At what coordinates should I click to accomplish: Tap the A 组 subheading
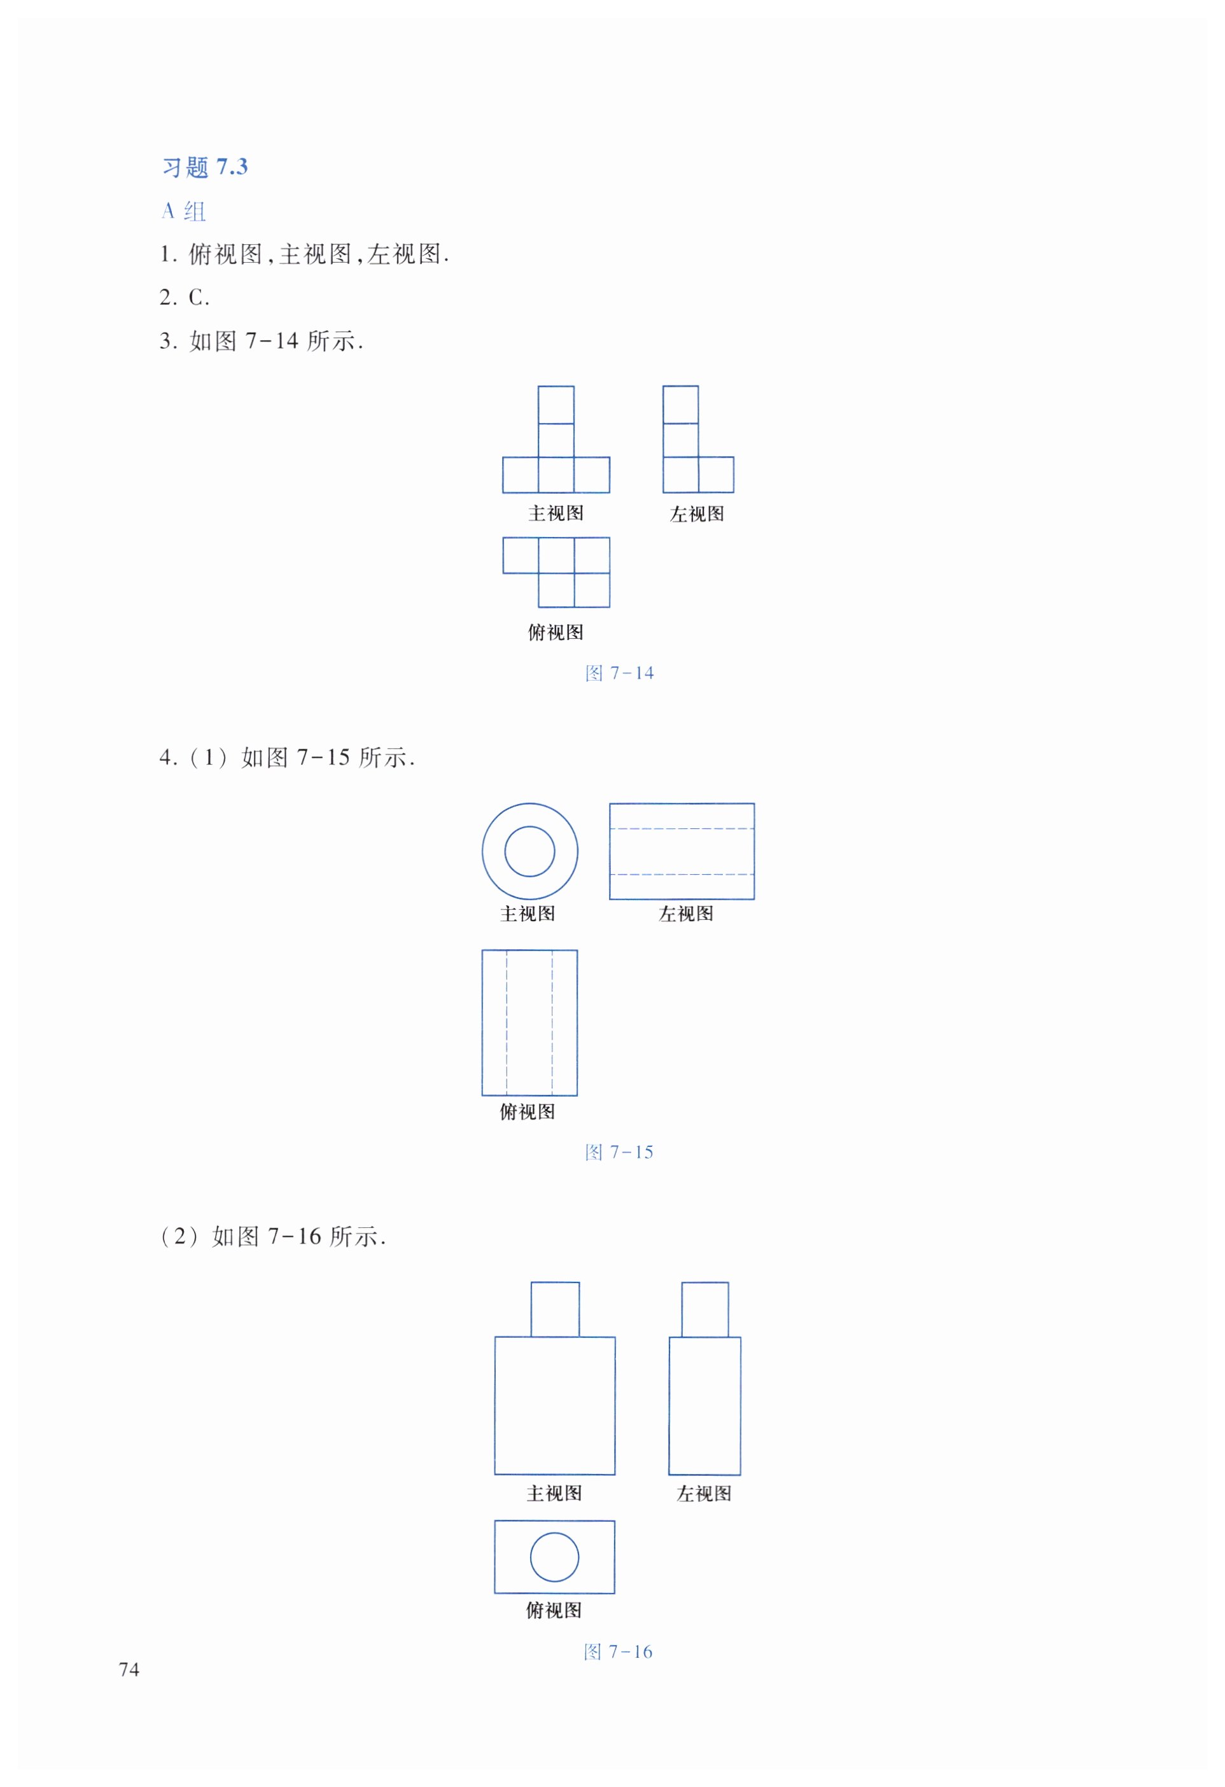tap(184, 211)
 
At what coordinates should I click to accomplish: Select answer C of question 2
tap(198, 298)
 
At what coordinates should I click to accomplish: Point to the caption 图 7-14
tap(619, 674)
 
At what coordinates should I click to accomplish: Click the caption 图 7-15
tap(619, 1152)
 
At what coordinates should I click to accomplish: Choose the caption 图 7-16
tap(619, 1651)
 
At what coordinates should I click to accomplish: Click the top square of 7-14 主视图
tap(555, 405)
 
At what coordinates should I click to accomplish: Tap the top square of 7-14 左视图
tap(680, 405)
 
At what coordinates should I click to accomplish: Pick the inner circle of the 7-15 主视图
tap(529, 851)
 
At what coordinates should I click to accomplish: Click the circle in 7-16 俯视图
tap(554, 1557)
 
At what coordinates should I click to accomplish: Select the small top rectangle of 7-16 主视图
tap(555, 1309)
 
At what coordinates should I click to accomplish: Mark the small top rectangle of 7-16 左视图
tap(705, 1309)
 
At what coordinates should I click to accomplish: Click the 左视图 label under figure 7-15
tap(686, 914)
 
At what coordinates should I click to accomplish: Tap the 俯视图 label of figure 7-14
tap(555, 632)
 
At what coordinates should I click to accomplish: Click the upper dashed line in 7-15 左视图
tap(682, 829)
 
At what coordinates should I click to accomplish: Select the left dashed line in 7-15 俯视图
tap(507, 1023)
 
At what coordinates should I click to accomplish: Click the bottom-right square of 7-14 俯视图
tap(591, 590)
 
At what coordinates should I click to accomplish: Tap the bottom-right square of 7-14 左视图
tap(716, 475)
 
